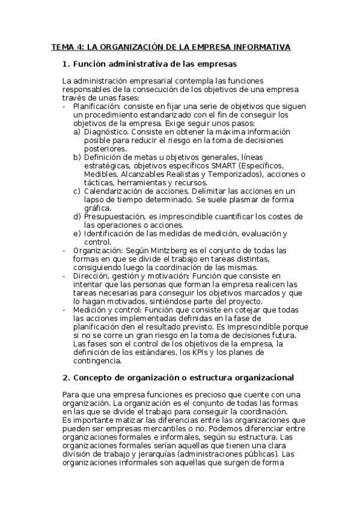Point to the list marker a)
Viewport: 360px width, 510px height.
point(77,131)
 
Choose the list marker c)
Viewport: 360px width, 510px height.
point(77,191)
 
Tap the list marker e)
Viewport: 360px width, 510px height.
point(77,233)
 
